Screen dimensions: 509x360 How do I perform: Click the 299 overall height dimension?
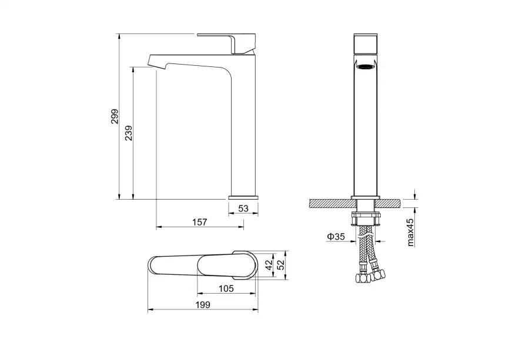(x=115, y=116)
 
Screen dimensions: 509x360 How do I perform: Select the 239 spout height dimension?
(x=129, y=133)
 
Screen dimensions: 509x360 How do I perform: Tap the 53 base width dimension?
(x=243, y=208)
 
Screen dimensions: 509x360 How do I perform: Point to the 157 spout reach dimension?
(x=199, y=222)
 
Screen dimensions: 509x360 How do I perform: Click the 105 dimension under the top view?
(x=226, y=288)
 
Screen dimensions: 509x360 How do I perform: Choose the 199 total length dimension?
(x=203, y=305)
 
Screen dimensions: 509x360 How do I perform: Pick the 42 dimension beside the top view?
(x=269, y=265)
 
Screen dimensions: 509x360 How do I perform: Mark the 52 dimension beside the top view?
(x=281, y=265)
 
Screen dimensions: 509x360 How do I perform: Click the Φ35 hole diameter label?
(x=336, y=237)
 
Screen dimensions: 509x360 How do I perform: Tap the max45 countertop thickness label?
(x=411, y=232)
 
